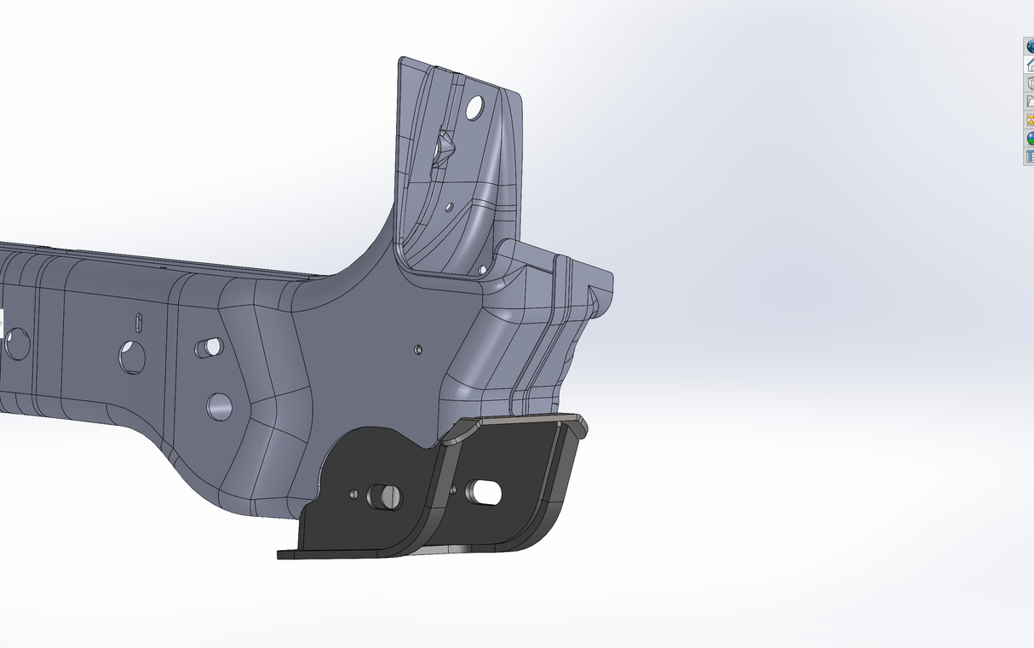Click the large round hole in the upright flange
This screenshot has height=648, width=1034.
(475, 107)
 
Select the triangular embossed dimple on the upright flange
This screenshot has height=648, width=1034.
(443, 146)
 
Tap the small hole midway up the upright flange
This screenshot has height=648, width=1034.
(450, 207)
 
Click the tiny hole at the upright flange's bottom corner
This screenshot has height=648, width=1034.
(483, 269)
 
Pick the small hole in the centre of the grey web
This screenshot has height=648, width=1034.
(417, 349)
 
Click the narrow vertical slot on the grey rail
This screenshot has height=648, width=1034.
(139, 323)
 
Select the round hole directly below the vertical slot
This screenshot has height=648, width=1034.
(132, 358)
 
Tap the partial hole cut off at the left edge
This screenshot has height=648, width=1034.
(16, 344)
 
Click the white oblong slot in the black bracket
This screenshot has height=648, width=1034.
(484, 492)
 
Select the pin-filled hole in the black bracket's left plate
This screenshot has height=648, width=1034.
(384, 496)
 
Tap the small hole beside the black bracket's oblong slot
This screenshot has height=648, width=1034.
(453, 490)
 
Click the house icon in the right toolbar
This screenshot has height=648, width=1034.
(1029, 64)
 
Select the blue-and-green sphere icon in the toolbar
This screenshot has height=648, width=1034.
(1029, 138)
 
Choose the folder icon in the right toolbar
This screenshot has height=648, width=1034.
(1029, 101)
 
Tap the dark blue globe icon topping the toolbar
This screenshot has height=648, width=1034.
(1029, 46)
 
